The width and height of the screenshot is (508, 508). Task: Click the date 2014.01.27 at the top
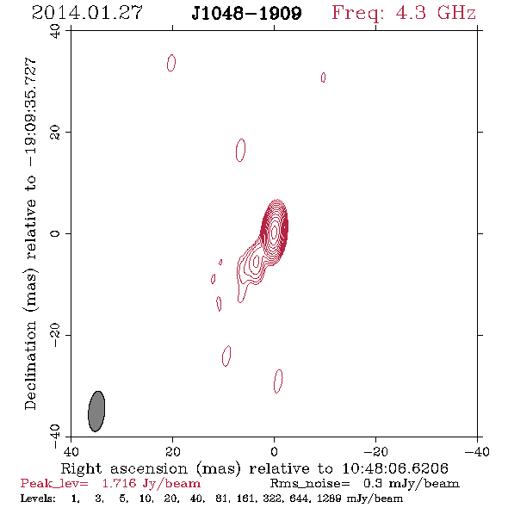tap(87, 13)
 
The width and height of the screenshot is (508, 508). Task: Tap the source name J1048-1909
tap(246, 13)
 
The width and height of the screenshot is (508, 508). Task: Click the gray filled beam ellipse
tap(96, 411)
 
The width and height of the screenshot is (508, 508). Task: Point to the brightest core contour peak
tap(274, 232)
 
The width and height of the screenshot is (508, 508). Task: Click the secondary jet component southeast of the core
tap(257, 261)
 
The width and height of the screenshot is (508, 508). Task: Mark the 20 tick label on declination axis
tap(55, 133)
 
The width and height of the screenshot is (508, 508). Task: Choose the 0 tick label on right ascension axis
tap(274, 451)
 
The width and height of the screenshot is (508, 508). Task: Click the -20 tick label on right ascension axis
tap(375, 451)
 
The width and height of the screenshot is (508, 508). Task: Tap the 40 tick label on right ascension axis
tap(71, 451)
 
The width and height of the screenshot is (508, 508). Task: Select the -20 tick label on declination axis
tap(55, 335)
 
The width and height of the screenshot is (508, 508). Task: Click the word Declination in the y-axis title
tap(30, 365)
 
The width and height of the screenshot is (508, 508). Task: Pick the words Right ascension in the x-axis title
tap(124, 468)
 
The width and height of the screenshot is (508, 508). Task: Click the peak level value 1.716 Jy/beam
tap(152, 484)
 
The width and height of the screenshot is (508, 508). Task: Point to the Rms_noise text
tap(310, 484)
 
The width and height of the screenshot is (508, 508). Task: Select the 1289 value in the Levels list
tap(330, 498)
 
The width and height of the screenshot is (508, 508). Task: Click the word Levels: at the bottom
tap(38, 498)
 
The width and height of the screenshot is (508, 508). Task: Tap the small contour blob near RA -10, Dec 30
tap(323, 77)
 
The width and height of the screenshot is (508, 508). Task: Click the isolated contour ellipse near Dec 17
tap(240, 150)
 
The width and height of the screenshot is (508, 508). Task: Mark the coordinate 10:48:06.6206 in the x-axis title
tap(395, 468)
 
